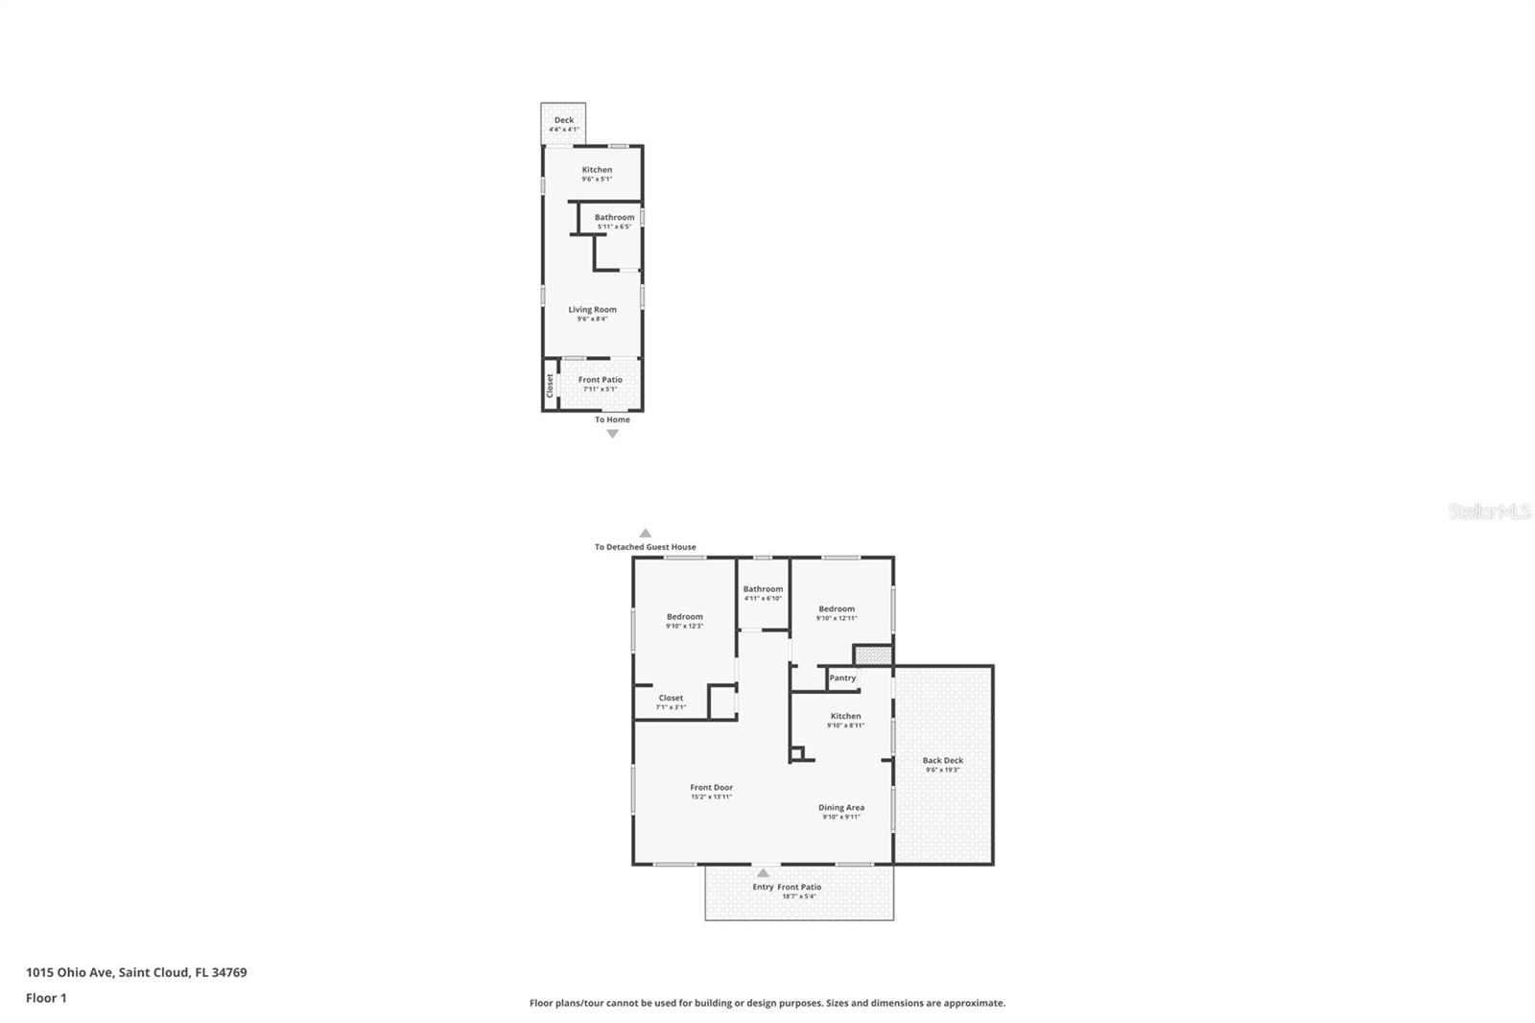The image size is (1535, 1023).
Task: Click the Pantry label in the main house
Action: tap(842, 678)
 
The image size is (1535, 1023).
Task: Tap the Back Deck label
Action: tap(942, 760)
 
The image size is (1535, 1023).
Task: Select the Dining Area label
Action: tap(841, 807)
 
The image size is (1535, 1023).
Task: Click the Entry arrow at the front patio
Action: tap(763, 873)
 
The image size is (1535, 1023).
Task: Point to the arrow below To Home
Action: tap(612, 434)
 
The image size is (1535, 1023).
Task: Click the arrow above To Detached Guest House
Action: tap(646, 534)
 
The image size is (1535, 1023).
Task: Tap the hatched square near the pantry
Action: tap(873, 655)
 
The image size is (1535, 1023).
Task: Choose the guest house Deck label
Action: tap(564, 120)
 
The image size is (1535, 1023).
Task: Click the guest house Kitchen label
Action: tap(597, 170)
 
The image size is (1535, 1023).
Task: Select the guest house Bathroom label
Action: tap(614, 217)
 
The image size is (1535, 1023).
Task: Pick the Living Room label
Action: tap(592, 309)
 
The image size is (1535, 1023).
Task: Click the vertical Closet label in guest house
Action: tap(550, 385)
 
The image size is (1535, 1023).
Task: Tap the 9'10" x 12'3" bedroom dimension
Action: tap(684, 626)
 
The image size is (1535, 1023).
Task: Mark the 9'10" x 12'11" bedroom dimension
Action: tap(837, 618)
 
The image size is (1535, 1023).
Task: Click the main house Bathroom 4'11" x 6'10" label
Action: tap(763, 593)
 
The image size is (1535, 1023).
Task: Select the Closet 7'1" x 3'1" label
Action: tap(671, 702)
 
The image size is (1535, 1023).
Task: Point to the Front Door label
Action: tap(711, 787)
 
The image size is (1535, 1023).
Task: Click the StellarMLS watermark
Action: tap(1489, 511)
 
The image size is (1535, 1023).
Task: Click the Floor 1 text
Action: tap(46, 998)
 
